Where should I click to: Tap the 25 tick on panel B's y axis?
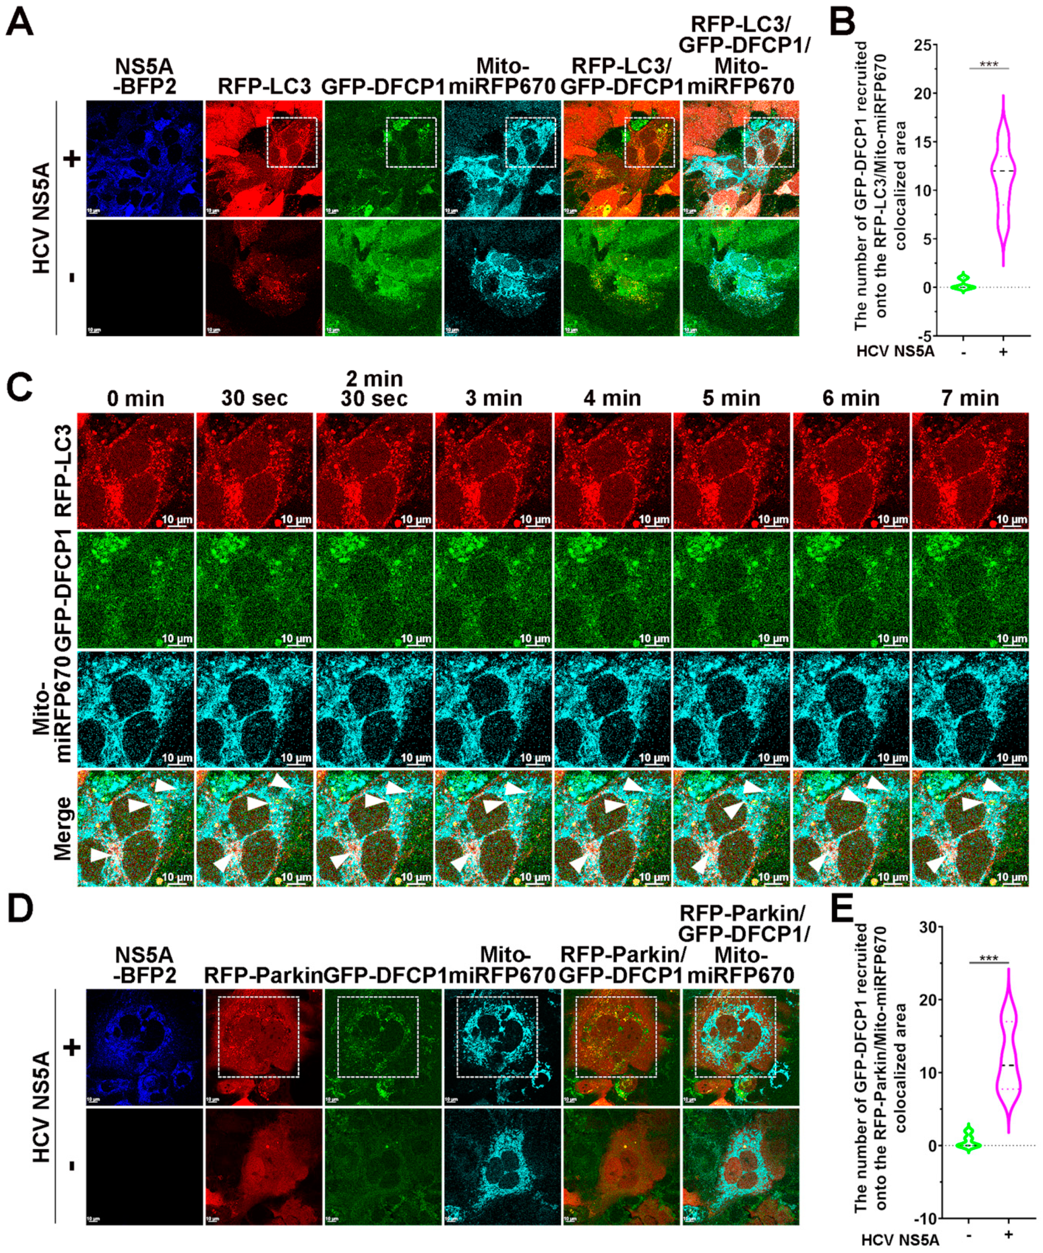924,45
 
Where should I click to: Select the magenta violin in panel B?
1003,179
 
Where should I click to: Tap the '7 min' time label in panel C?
970,398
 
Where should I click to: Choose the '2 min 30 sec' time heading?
374,389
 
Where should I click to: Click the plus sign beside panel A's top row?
72,159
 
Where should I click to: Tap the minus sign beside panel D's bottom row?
72,1166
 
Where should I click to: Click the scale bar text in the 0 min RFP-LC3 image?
177,519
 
